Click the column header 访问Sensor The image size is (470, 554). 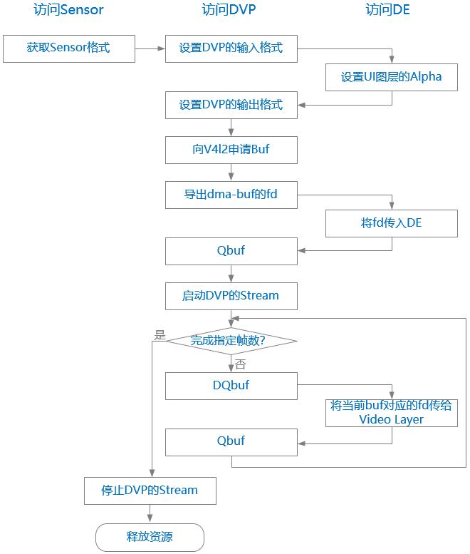(68, 10)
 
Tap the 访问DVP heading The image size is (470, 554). (231, 10)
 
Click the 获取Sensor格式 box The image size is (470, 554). (68, 48)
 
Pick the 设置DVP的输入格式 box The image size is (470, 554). (231, 48)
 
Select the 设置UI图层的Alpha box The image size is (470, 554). (391, 78)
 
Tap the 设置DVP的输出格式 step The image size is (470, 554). (231, 106)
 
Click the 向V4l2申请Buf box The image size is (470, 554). (231, 150)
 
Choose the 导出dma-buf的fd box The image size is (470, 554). (231, 195)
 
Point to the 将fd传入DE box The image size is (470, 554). (391, 223)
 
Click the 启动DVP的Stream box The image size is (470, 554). (231, 296)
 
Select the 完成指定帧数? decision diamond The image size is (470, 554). (231, 341)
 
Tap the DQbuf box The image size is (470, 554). (231, 386)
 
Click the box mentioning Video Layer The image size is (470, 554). (391, 413)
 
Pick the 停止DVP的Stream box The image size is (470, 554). (150, 491)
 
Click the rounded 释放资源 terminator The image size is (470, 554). (150, 537)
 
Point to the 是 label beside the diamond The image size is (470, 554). (160, 334)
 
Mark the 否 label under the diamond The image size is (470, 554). (240, 364)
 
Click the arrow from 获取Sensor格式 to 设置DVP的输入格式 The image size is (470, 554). (150, 48)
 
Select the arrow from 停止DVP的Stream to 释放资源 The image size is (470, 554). (150, 513)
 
